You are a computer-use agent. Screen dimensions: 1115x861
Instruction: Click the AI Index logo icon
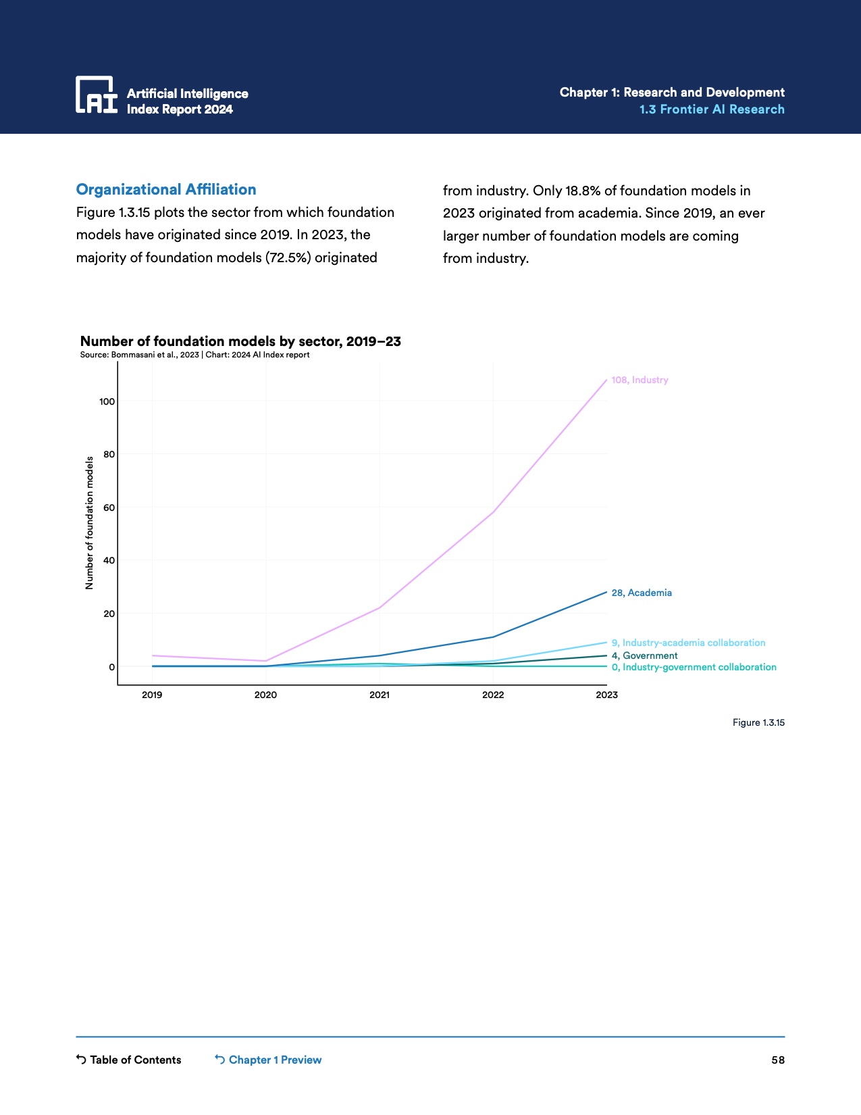click(x=97, y=95)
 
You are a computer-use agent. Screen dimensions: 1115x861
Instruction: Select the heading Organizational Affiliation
click(x=166, y=190)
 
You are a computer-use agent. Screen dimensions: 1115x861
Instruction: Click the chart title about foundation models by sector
click(x=240, y=341)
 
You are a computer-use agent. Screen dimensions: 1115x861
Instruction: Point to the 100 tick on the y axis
click(x=107, y=401)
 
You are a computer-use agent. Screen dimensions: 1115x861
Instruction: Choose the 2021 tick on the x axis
click(x=380, y=695)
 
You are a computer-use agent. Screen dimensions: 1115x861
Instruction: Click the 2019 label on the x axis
click(x=152, y=695)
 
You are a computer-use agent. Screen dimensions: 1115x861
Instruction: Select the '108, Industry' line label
click(x=640, y=380)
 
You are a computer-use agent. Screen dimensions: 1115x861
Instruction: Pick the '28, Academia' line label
click(x=642, y=593)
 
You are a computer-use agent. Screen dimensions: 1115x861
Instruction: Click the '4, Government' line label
click(x=644, y=655)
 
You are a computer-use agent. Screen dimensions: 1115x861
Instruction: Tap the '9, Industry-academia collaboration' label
click(x=688, y=643)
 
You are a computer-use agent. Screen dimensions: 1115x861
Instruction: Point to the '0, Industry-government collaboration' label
click(x=694, y=667)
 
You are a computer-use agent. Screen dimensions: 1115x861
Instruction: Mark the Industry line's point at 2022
click(x=493, y=512)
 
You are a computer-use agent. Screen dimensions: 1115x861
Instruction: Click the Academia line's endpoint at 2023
click(x=606, y=592)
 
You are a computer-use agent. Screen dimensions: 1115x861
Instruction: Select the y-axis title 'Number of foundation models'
click(x=89, y=523)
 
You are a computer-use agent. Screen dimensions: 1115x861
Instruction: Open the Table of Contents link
click(x=129, y=1060)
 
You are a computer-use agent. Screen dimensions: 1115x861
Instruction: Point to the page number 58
click(x=778, y=1060)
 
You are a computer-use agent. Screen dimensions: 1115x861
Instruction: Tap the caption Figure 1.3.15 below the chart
click(x=758, y=723)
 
